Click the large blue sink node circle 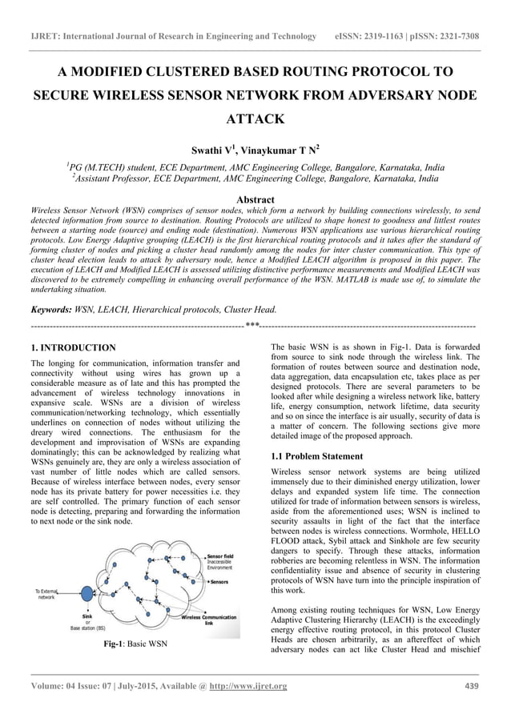coord(87,594)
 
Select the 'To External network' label coord(46,593)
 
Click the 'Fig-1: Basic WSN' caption coord(134,643)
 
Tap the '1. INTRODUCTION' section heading coord(72,348)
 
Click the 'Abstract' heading coord(255,199)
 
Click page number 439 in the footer coord(472,686)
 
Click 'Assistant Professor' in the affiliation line coord(121,179)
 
